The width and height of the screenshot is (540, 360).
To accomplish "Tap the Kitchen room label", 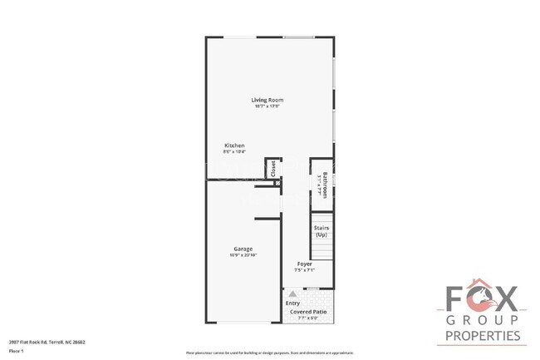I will pyautogui.click(x=234, y=145).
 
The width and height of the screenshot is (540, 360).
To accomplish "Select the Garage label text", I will pyautogui.click(x=243, y=249).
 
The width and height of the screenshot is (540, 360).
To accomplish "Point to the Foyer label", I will pyautogui.click(x=305, y=264).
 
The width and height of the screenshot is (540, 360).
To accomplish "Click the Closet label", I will pyautogui.click(x=272, y=168).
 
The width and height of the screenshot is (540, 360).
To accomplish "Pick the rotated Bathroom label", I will pyautogui.click(x=325, y=184).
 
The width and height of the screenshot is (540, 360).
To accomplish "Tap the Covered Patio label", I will pyautogui.click(x=307, y=312).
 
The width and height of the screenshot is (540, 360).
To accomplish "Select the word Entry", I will pyautogui.click(x=292, y=303).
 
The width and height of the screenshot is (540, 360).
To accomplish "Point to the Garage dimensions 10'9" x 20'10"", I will pyautogui.click(x=243, y=254).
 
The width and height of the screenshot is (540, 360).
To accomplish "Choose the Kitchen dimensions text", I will pyautogui.click(x=234, y=151).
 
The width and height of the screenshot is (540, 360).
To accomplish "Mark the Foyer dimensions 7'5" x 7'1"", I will pyautogui.click(x=305, y=269).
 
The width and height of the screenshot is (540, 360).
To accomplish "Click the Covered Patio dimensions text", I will pyautogui.click(x=307, y=318).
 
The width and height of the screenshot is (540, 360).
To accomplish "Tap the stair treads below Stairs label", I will pyautogui.click(x=322, y=249).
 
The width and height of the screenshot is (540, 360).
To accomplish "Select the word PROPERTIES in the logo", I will pyautogui.click(x=483, y=336).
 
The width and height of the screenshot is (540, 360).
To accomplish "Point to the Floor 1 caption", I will pyautogui.click(x=17, y=352).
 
